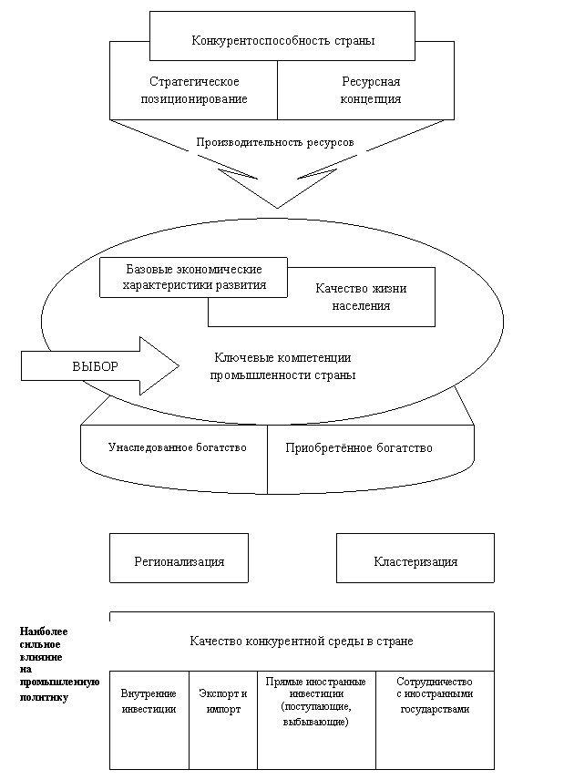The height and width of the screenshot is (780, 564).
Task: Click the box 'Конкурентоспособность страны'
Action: click(x=282, y=36)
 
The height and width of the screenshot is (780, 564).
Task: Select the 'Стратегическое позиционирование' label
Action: click(x=194, y=90)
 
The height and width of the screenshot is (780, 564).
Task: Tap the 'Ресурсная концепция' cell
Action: click(x=371, y=90)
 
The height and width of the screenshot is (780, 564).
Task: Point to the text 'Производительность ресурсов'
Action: click(x=275, y=142)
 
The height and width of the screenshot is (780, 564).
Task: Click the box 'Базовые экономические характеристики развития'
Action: click(x=193, y=278)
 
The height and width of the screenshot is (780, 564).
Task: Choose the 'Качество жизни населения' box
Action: click(x=361, y=297)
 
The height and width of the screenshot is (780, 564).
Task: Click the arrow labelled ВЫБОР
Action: click(x=100, y=366)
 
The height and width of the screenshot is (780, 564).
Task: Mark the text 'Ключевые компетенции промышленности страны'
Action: click(x=282, y=366)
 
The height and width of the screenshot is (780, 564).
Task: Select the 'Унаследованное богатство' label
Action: click(x=178, y=447)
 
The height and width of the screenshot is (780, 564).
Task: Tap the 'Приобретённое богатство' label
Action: click(x=359, y=447)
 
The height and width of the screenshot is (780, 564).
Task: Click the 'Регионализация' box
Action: click(x=179, y=559)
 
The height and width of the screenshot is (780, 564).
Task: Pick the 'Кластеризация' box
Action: click(x=415, y=559)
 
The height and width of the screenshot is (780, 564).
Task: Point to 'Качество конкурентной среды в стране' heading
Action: click(x=302, y=641)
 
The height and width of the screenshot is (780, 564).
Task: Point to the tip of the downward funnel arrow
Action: click(x=277, y=208)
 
